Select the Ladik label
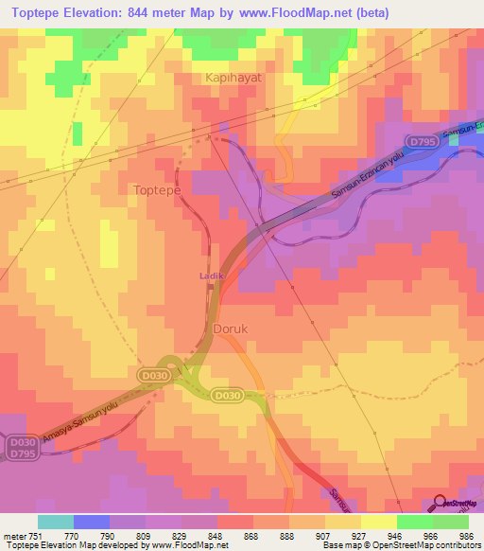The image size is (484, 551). pyautogui.click(x=210, y=275)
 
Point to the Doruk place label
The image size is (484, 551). pyautogui.click(x=231, y=329)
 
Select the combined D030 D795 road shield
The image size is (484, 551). pyautogui.click(x=21, y=446)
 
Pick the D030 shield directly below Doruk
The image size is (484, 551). pyautogui.click(x=226, y=395)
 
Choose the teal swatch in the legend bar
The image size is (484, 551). pyautogui.click(x=56, y=522)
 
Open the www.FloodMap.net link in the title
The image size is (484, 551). pyautogui.click(x=314, y=12)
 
